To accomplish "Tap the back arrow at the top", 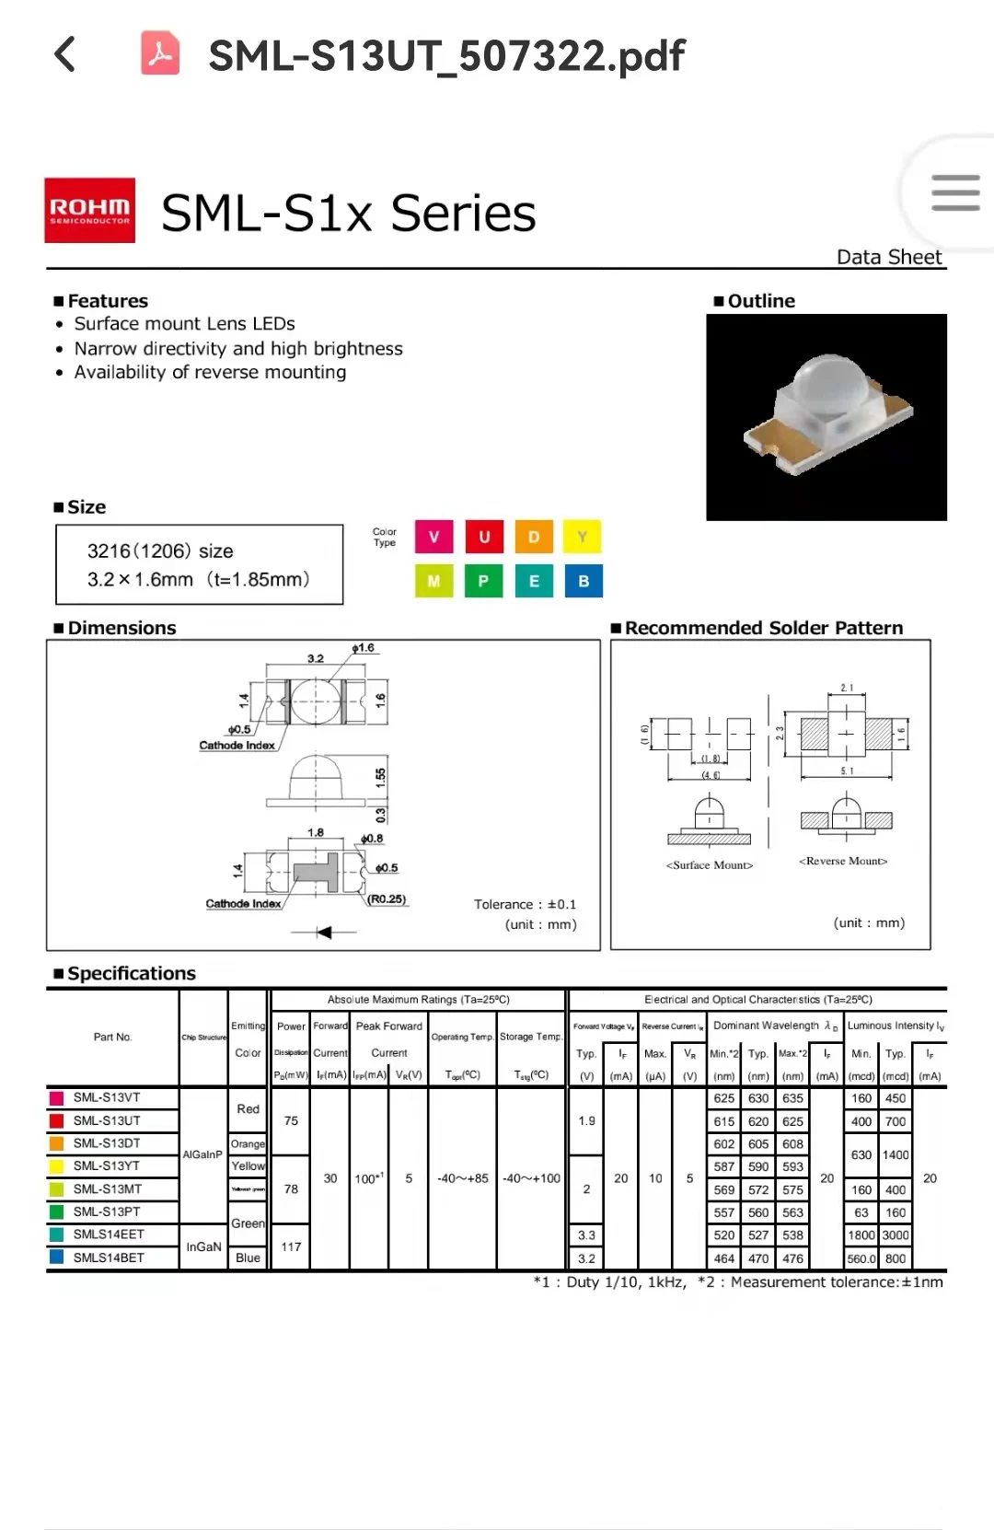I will click(65, 54).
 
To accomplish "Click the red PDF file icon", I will click(160, 52).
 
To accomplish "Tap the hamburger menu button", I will click(954, 193).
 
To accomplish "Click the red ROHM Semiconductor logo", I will click(90, 211).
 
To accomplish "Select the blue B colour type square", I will click(584, 581).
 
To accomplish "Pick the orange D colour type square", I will click(534, 537).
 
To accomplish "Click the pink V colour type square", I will click(433, 537).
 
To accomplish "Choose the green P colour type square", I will click(483, 581).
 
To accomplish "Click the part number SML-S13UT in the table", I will click(107, 1120).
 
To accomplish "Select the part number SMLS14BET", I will click(109, 1258).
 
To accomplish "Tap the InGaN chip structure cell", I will click(203, 1246).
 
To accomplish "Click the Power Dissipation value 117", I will click(291, 1246).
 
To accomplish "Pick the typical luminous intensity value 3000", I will click(896, 1235).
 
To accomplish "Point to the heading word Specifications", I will click(132, 973).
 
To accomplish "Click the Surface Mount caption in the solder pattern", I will click(710, 865).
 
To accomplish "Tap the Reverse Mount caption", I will click(843, 862).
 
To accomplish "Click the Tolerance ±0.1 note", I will click(525, 904).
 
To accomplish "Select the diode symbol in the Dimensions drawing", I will click(323, 933).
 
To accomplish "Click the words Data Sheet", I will click(889, 257).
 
